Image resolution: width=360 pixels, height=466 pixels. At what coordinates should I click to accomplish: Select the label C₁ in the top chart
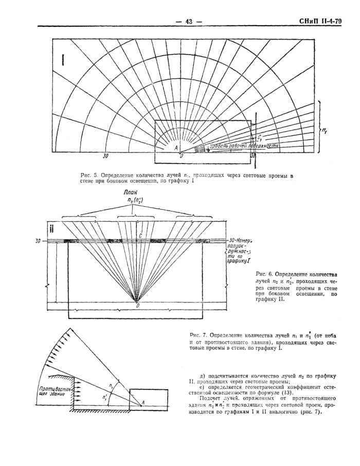click(260, 138)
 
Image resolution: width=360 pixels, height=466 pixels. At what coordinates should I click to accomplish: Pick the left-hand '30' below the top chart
click(105, 155)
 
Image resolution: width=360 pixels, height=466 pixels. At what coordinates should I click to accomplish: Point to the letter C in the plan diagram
click(139, 235)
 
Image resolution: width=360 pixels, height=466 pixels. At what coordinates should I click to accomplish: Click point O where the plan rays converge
click(137, 304)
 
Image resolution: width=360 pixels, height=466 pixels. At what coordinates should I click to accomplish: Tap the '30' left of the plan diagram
click(39, 240)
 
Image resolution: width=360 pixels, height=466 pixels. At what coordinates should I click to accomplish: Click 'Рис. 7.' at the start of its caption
click(199, 335)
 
